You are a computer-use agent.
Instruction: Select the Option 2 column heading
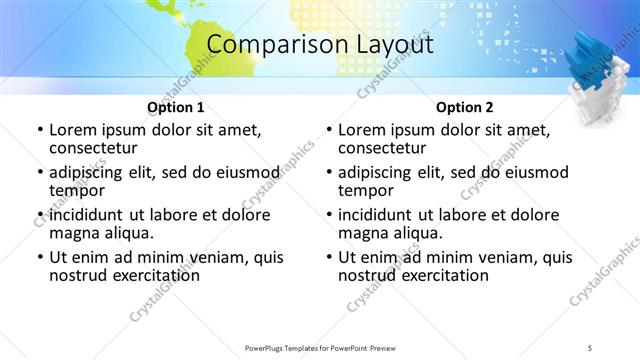point(464,106)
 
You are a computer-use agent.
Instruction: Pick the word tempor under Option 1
point(77,191)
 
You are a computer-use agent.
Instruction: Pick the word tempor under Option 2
point(366,191)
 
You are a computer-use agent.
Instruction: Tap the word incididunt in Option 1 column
point(90,215)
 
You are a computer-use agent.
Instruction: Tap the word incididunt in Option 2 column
point(379,215)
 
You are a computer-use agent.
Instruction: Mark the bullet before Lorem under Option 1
point(39,131)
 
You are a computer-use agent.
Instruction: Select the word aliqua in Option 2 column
point(416,233)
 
